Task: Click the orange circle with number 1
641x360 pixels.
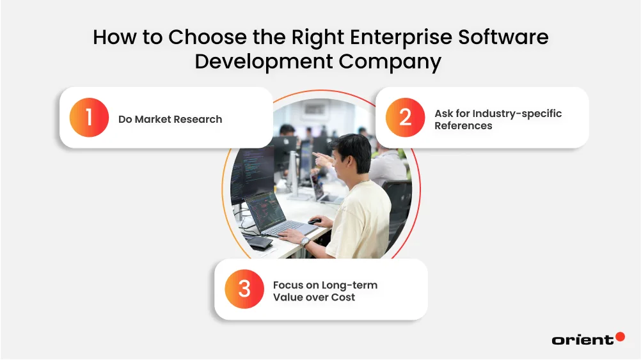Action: [x=89, y=118]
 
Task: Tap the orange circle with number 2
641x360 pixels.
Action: [x=405, y=118]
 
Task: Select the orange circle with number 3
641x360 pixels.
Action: [x=244, y=289]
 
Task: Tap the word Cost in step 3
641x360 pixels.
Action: [x=343, y=297]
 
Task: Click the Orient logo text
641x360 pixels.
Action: [x=582, y=340]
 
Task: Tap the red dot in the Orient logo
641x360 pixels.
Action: [x=620, y=336]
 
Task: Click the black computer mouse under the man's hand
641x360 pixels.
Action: [x=314, y=221]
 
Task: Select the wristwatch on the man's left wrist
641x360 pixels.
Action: [x=306, y=241]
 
